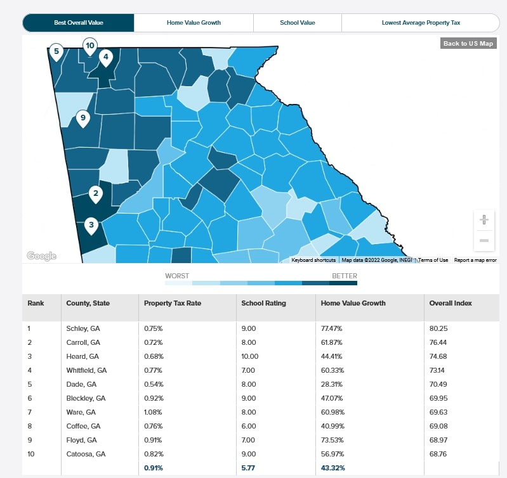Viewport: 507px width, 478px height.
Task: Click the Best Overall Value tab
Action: click(79, 23)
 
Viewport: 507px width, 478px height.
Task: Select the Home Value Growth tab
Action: click(194, 23)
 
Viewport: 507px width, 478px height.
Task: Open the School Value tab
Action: click(297, 23)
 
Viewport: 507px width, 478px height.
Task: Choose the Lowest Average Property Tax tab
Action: click(421, 23)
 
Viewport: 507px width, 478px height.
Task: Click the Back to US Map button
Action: click(468, 44)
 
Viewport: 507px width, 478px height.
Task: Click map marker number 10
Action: click(89, 46)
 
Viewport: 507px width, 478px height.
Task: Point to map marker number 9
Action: click(82, 118)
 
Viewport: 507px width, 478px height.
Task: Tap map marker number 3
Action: click(91, 225)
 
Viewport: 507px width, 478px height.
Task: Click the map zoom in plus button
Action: click(484, 220)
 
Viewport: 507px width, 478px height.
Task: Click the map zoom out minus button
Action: click(484, 241)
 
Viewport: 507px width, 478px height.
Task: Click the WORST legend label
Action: click(177, 276)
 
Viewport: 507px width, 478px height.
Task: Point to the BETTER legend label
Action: click(344, 276)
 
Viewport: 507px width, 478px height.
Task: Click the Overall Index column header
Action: click(451, 303)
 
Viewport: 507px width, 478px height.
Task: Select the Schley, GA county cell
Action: click(83, 328)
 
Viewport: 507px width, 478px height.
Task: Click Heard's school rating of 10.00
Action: click(249, 356)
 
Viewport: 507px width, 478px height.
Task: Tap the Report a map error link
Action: click(475, 260)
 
